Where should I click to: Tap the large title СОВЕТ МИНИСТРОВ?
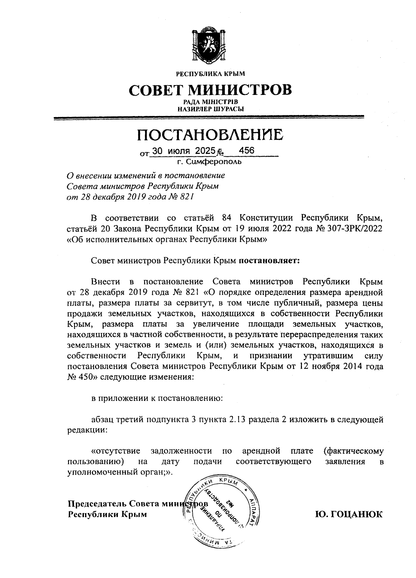210,90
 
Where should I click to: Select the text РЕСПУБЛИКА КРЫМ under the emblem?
210,74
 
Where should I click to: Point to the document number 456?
247,151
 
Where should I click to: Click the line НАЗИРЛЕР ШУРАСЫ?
210,109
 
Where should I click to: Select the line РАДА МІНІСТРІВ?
210,102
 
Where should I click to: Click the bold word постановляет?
269,261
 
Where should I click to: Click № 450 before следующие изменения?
82,377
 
